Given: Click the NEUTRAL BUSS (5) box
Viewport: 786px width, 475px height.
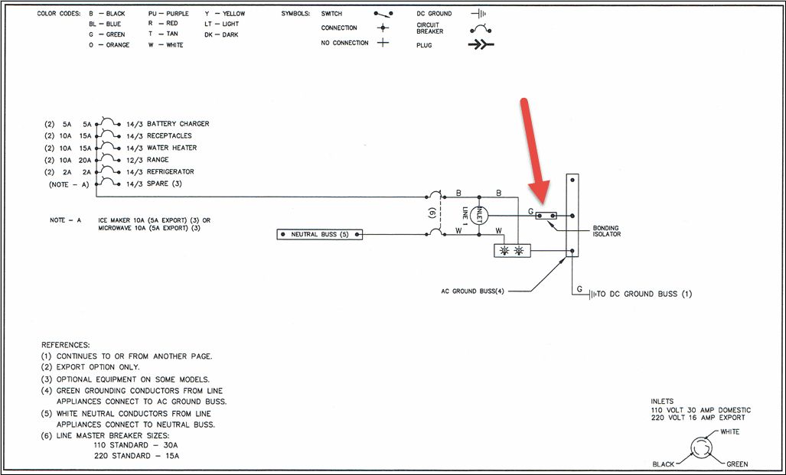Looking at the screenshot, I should pyautogui.click(x=319, y=233).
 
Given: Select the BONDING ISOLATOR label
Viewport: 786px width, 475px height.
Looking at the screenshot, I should pyautogui.click(x=606, y=231).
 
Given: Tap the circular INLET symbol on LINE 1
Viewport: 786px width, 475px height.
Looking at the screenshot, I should pyautogui.click(x=481, y=215).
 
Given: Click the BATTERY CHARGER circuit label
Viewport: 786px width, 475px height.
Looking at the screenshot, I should pyautogui.click(x=178, y=124).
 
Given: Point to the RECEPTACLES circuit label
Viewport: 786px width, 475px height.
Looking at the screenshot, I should pyautogui.click(x=169, y=136).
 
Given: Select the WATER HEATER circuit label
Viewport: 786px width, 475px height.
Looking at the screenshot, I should pyautogui.click(x=171, y=148).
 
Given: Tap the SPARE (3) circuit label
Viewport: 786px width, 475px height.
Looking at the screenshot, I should pyautogui.click(x=164, y=184).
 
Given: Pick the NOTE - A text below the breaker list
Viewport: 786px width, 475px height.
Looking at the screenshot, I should pyautogui.click(x=65, y=220).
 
